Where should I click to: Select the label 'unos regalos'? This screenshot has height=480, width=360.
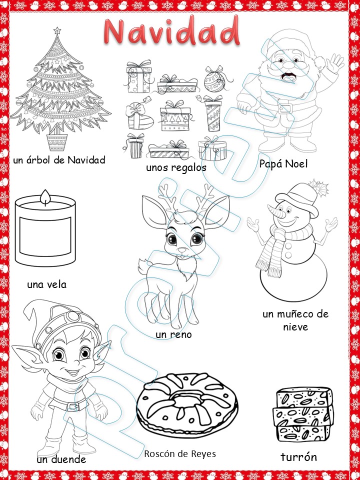pyautogui.click(x=176, y=167)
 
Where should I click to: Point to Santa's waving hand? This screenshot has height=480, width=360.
pyautogui.click(x=335, y=63)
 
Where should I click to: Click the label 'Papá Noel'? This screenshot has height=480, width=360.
pyautogui.click(x=283, y=164)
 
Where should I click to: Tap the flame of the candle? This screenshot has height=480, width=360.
pyautogui.click(x=46, y=197)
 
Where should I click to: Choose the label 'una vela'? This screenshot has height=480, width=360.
pyautogui.click(x=47, y=284)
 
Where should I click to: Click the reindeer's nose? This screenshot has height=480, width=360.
pyautogui.click(x=183, y=250)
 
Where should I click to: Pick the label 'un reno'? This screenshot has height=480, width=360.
pyautogui.click(x=173, y=334)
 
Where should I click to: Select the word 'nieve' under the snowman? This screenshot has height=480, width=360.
pyautogui.click(x=295, y=327)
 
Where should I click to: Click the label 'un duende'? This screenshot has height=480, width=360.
pyautogui.click(x=61, y=459)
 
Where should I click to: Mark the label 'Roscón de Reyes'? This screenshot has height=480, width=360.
pyautogui.click(x=180, y=453)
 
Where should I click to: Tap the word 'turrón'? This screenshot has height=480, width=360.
pyautogui.click(x=298, y=456)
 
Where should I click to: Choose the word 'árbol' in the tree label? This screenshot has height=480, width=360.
pyautogui.click(x=38, y=160)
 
